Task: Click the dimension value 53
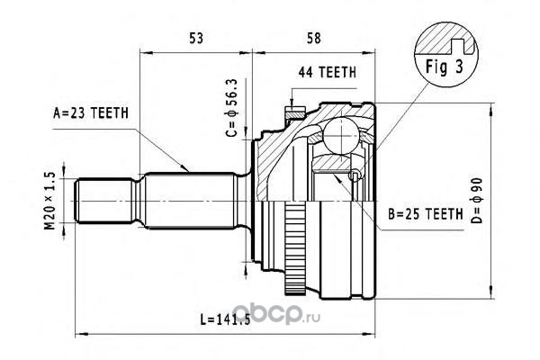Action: [x=196, y=38]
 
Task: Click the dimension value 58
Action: [x=314, y=38]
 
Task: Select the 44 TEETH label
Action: [x=328, y=72]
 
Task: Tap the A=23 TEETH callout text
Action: [x=91, y=113]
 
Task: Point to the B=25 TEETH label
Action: [x=426, y=214]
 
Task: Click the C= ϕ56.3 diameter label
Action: [x=232, y=107]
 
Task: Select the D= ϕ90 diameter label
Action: [x=477, y=201]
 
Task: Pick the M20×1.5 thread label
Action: [x=49, y=202]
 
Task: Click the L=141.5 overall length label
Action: [x=225, y=319]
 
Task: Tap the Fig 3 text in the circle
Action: [x=445, y=67]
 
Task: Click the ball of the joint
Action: [x=341, y=135]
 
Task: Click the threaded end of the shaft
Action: [x=104, y=201]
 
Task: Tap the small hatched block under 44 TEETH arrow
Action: [x=295, y=113]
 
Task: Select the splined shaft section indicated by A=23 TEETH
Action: [x=189, y=201]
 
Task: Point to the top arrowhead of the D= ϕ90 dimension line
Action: [x=490, y=109]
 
